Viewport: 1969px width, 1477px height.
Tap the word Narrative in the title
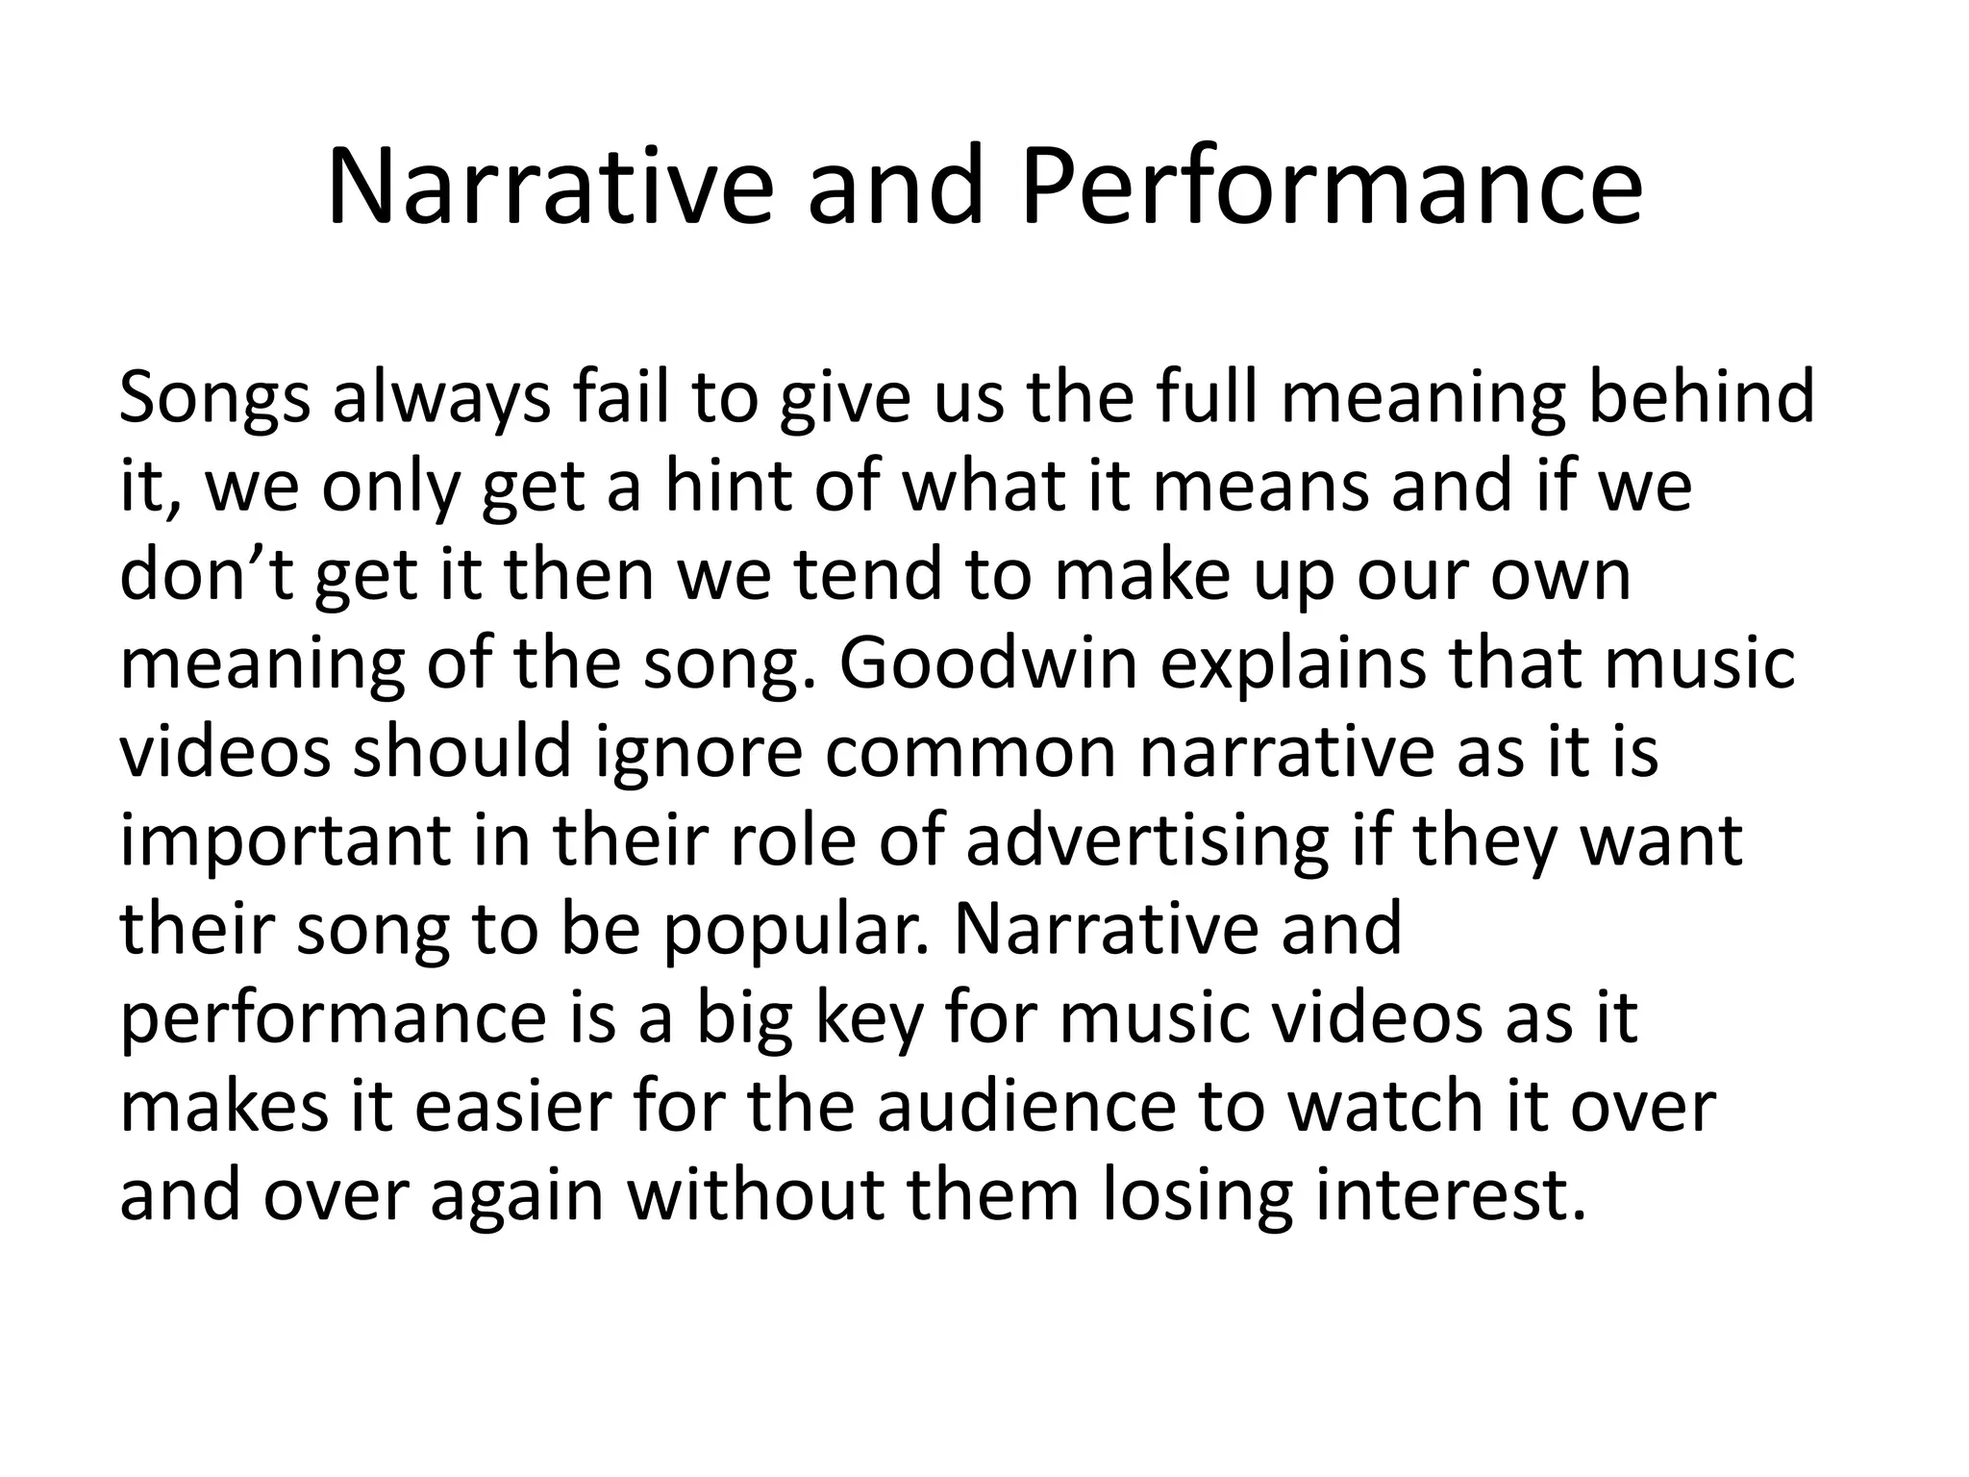point(549,188)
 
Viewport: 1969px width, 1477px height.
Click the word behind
point(1701,397)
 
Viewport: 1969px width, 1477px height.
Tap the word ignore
point(698,752)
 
